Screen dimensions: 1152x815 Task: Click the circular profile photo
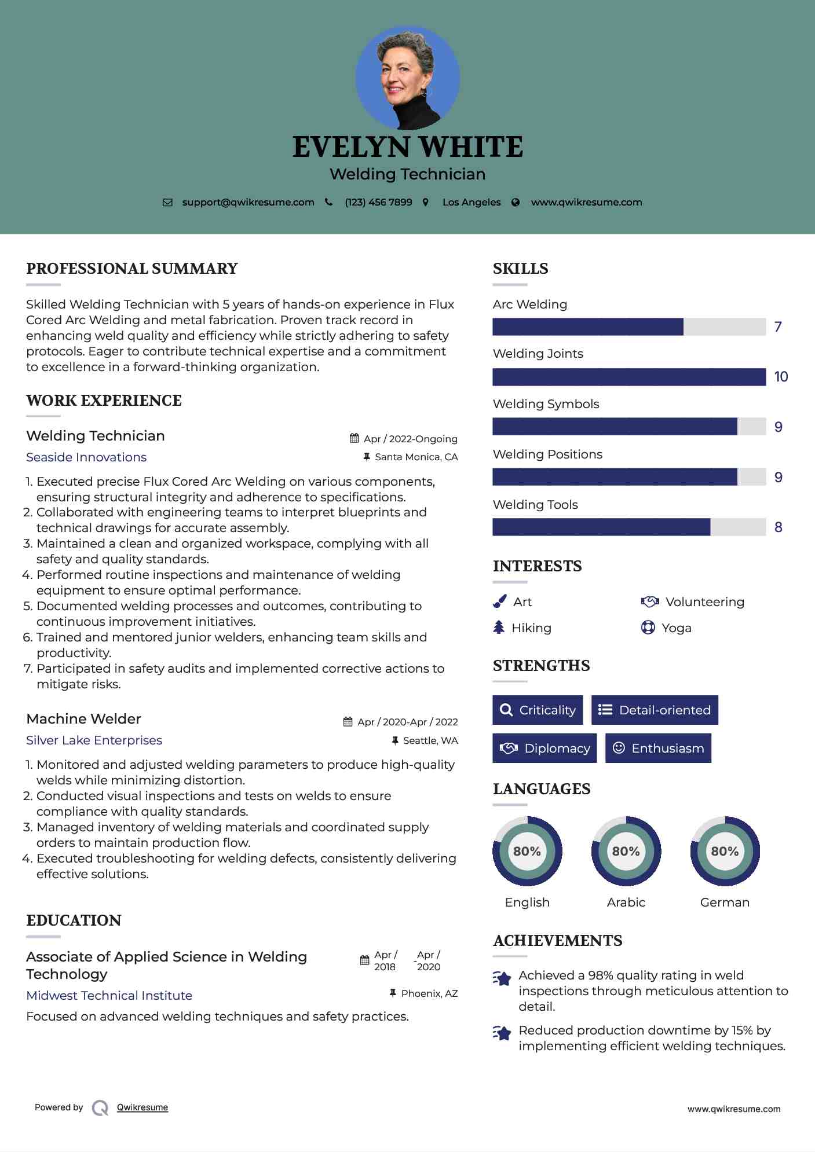coord(408,78)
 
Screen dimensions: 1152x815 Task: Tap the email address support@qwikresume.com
coord(248,202)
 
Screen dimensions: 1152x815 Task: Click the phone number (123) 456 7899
coord(378,202)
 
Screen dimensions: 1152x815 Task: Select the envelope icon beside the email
coord(167,203)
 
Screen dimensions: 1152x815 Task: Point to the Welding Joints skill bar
coord(629,377)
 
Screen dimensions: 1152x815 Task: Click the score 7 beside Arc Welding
coord(778,327)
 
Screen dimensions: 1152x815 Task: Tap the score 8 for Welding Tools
coord(778,527)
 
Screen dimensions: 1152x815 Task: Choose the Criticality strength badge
coord(538,710)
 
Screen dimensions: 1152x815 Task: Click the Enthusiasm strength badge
coord(658,748)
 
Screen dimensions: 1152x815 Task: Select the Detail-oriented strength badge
coord(655,710)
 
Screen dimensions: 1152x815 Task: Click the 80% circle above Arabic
coord(626,851)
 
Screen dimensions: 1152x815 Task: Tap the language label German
coord(725,902)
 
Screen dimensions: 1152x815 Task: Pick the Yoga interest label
coord(677,628)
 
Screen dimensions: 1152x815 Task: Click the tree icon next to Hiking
coord(499,628)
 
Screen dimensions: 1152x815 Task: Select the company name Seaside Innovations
coord(86,457)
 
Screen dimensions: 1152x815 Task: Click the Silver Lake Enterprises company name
coord(94,740)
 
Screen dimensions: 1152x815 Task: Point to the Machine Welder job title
coord(84,719)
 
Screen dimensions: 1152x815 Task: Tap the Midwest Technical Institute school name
coord(109,996)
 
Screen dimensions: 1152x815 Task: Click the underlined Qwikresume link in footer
coord(142,1107)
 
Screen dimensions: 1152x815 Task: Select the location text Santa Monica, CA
coord(416,457)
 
